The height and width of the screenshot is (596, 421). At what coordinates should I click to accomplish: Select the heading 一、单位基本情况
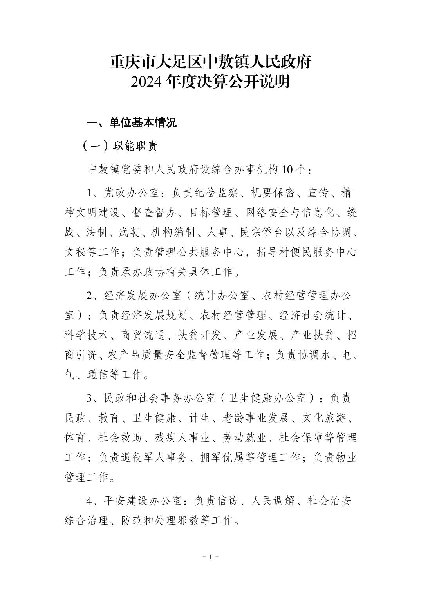132,122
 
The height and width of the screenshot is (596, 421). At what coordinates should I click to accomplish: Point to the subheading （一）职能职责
120,146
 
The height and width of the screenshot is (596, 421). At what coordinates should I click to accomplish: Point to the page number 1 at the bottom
210,557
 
